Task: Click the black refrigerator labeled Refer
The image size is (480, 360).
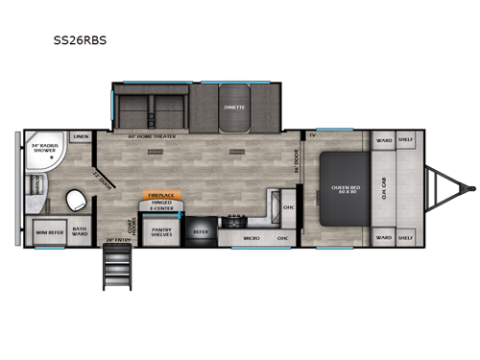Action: (x=200, y=230)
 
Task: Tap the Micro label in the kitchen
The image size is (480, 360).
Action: (x=252, y=236)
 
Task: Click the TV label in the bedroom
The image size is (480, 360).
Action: (x=312, y=135)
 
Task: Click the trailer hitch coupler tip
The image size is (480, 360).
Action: (x=469, y=186)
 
